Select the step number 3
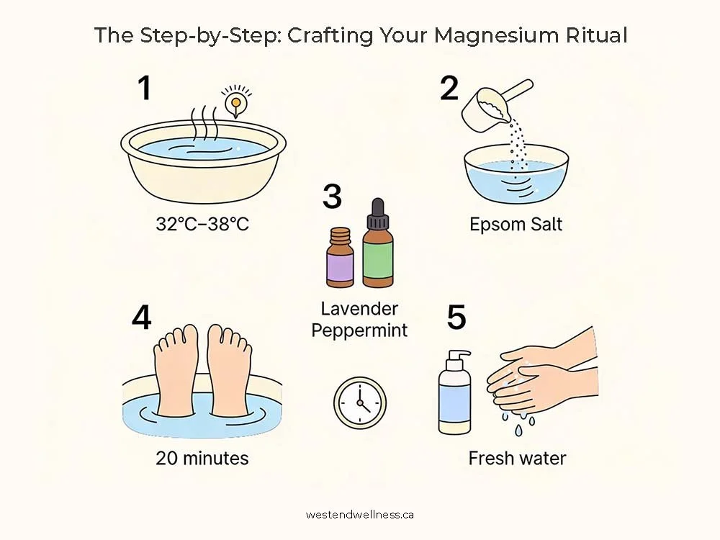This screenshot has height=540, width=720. (x=332, y=197)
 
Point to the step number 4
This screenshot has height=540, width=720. (x=141, y=318)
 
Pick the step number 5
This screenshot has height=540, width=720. (x=456, y=318)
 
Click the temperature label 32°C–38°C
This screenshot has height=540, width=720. (x=202, y=224)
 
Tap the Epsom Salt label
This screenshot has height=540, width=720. (x=516, y=224)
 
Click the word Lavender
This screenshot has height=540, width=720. (x=359, y=309)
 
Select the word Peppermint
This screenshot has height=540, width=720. (x=359, y=330)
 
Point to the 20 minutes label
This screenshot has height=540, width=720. (x=202, y=458)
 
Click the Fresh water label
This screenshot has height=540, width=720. (x=517, y=458)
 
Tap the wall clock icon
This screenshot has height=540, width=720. (x=359, y=402)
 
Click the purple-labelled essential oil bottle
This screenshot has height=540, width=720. (x=341, y=258)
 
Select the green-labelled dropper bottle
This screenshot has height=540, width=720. (x=378, y=243)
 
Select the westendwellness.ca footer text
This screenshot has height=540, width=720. (x=359, y=515)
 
